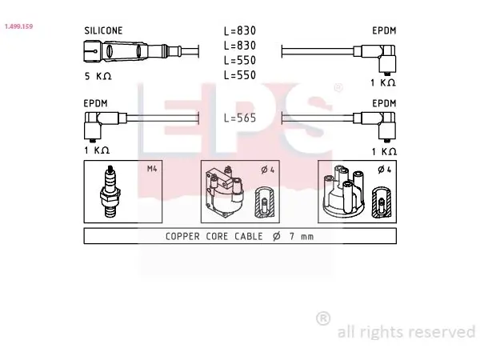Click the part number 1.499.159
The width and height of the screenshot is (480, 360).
click(x=18, y=26)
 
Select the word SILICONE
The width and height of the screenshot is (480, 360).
click(x=103, y=30)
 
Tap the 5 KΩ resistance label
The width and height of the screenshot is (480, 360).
click(x=98, y=76)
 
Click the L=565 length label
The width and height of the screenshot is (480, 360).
click(x=240, y=118)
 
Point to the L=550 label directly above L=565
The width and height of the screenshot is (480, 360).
click(x=240, y=75)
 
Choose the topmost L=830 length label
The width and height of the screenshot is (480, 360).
click(x=240, y=30)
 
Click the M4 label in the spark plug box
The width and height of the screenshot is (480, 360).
click(x=152, y=169)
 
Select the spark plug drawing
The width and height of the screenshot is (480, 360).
click(x=110, y=191)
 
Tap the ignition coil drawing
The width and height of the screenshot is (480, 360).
click(x=225, y=191)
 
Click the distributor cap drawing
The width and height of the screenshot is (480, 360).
click(x=343, y=191)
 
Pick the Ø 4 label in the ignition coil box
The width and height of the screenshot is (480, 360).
click(x=267, y=170)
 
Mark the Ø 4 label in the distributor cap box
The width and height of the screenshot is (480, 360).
click(x=385, y=170)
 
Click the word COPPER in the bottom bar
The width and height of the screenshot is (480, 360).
click(x=182, y=236)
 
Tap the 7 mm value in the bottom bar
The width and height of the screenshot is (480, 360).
click(x=302, y=236)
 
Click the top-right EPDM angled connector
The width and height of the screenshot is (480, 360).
click(x=374, y=58)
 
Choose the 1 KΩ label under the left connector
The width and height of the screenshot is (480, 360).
click(x=97, y=150)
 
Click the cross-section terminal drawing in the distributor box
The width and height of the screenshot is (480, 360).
click(x=382, y=202)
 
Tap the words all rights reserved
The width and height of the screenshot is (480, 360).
click(x=406, y=331)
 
